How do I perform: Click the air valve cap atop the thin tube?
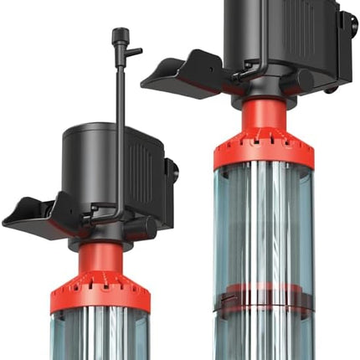click(116, 35)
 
